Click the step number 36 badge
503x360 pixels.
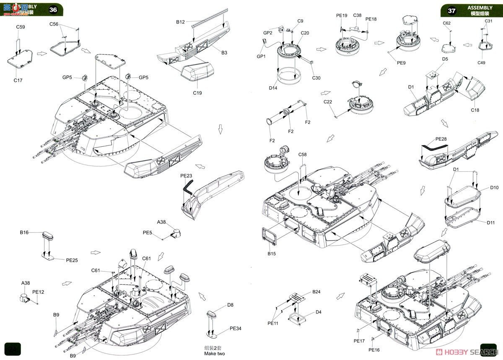(53, 9)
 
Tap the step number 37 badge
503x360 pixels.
(451, 10)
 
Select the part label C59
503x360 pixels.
(21, 27)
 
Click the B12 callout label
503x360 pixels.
(180, 22)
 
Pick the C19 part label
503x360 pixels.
(197, 93)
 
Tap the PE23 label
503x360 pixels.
(186, 176)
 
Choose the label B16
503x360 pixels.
(24, 232)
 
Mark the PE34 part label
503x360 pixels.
(235, 328)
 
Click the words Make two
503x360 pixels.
(214, 354)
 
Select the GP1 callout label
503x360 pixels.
(261, 56)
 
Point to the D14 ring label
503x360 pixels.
(273, 88)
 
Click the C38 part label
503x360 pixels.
(357, 16)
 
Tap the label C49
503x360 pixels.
(481, 63)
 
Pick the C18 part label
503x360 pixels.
(475, 110)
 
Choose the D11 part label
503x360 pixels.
(491, 222)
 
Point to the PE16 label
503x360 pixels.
(374, 350)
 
